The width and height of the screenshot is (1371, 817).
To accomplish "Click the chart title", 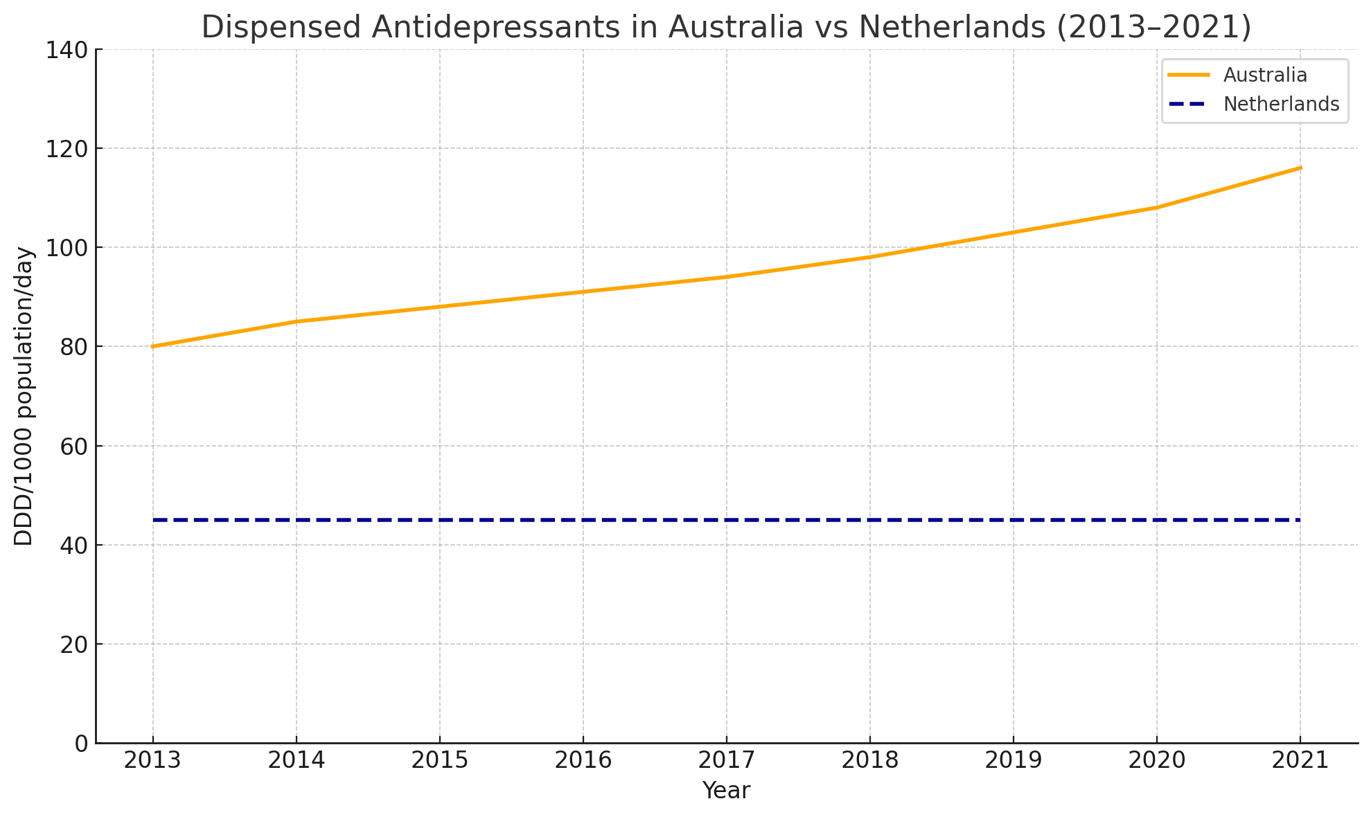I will pos(726,28).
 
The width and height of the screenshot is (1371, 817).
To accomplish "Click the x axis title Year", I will pos(726,791).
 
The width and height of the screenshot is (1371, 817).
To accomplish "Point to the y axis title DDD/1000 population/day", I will pos(24,396).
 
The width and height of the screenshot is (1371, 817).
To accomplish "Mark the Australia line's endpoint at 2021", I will pos(1300,168).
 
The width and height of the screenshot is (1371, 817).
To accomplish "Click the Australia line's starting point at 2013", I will pos(152,346).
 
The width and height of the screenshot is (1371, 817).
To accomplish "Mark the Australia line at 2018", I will pos(869,257).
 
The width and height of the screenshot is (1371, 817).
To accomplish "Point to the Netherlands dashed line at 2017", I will pos(726,520).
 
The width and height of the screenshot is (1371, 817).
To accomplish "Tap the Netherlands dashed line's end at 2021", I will pos(1299,520).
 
